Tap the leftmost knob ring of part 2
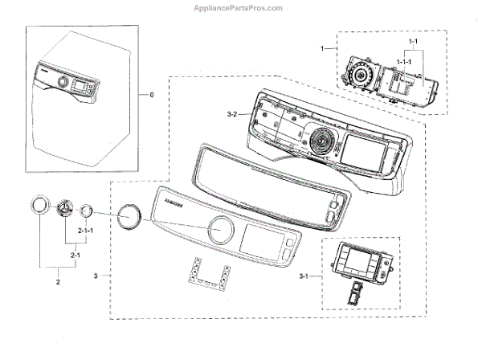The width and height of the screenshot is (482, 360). coord(39,208)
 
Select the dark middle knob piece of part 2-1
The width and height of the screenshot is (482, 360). coord(63,209)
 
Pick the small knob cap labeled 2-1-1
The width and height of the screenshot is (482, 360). coord(84,211)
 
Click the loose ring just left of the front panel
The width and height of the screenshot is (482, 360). coord(127,217)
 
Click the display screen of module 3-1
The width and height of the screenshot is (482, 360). coord(354,263)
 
